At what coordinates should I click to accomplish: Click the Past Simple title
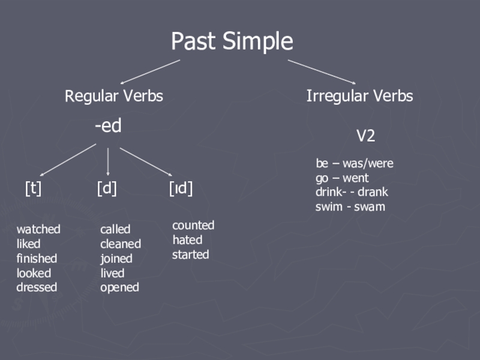coord(232,42)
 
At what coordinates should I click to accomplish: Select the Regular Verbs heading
coord(114,96)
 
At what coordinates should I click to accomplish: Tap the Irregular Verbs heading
coord(359,96)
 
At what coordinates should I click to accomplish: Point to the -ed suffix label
coord(108,126)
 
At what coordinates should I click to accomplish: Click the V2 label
coord(365,136)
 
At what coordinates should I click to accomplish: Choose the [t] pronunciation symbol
coord(33,188)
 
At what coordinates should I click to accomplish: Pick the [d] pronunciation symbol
coord(107,188)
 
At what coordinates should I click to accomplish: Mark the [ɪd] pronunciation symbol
coord(181,188)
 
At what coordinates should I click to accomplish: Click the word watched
coord(38,229)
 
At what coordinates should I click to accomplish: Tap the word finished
coord(37,259)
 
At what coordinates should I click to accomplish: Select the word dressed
coord(37,287)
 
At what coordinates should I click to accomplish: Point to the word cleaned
coord(121,244)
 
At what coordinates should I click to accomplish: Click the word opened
coord(119,287)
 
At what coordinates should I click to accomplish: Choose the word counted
coord(193,226)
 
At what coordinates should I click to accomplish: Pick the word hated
coord(187,240)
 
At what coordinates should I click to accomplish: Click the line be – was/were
coord(355,163)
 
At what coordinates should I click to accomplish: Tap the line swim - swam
coord(350,207)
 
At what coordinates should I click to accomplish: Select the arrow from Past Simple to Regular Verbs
coord(150,71)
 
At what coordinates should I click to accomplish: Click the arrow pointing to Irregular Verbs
coord(322,71)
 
